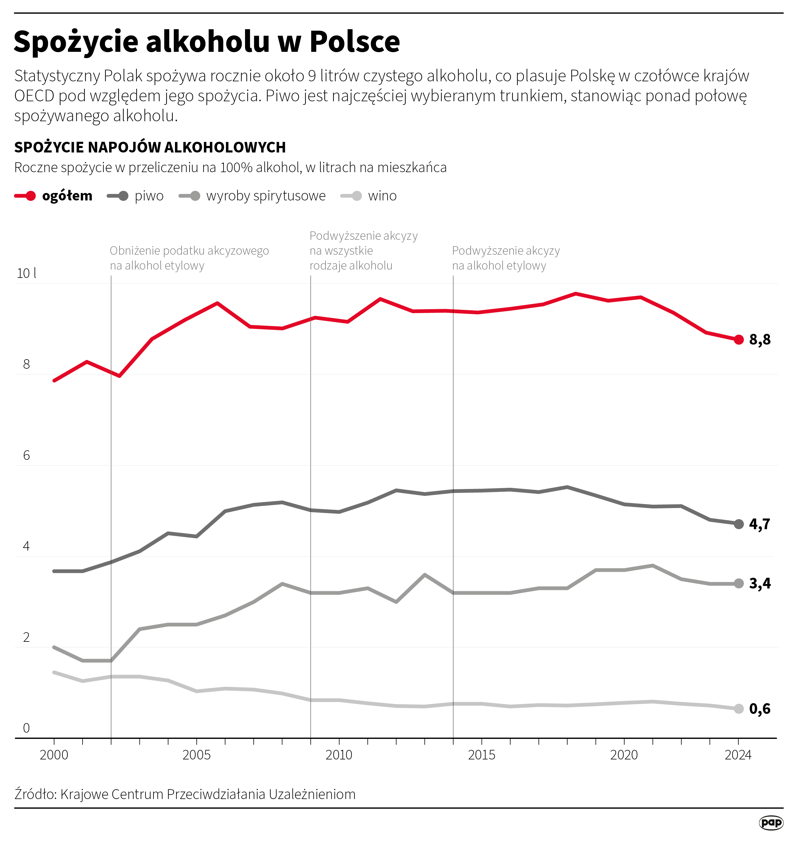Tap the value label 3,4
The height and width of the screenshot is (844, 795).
760,583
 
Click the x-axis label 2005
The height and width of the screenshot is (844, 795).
196,755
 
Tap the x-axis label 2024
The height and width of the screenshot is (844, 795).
738,755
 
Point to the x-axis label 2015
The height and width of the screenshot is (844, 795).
481,755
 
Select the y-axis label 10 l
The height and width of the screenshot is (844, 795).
26,273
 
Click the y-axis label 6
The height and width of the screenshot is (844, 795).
26,456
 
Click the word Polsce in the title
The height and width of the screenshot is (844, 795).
354,42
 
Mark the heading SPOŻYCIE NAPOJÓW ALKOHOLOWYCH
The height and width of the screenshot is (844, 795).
150,147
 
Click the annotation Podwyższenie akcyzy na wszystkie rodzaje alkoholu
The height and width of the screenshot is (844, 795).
363,250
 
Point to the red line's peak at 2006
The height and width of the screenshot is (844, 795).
217,303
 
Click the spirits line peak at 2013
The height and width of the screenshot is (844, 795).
425,575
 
